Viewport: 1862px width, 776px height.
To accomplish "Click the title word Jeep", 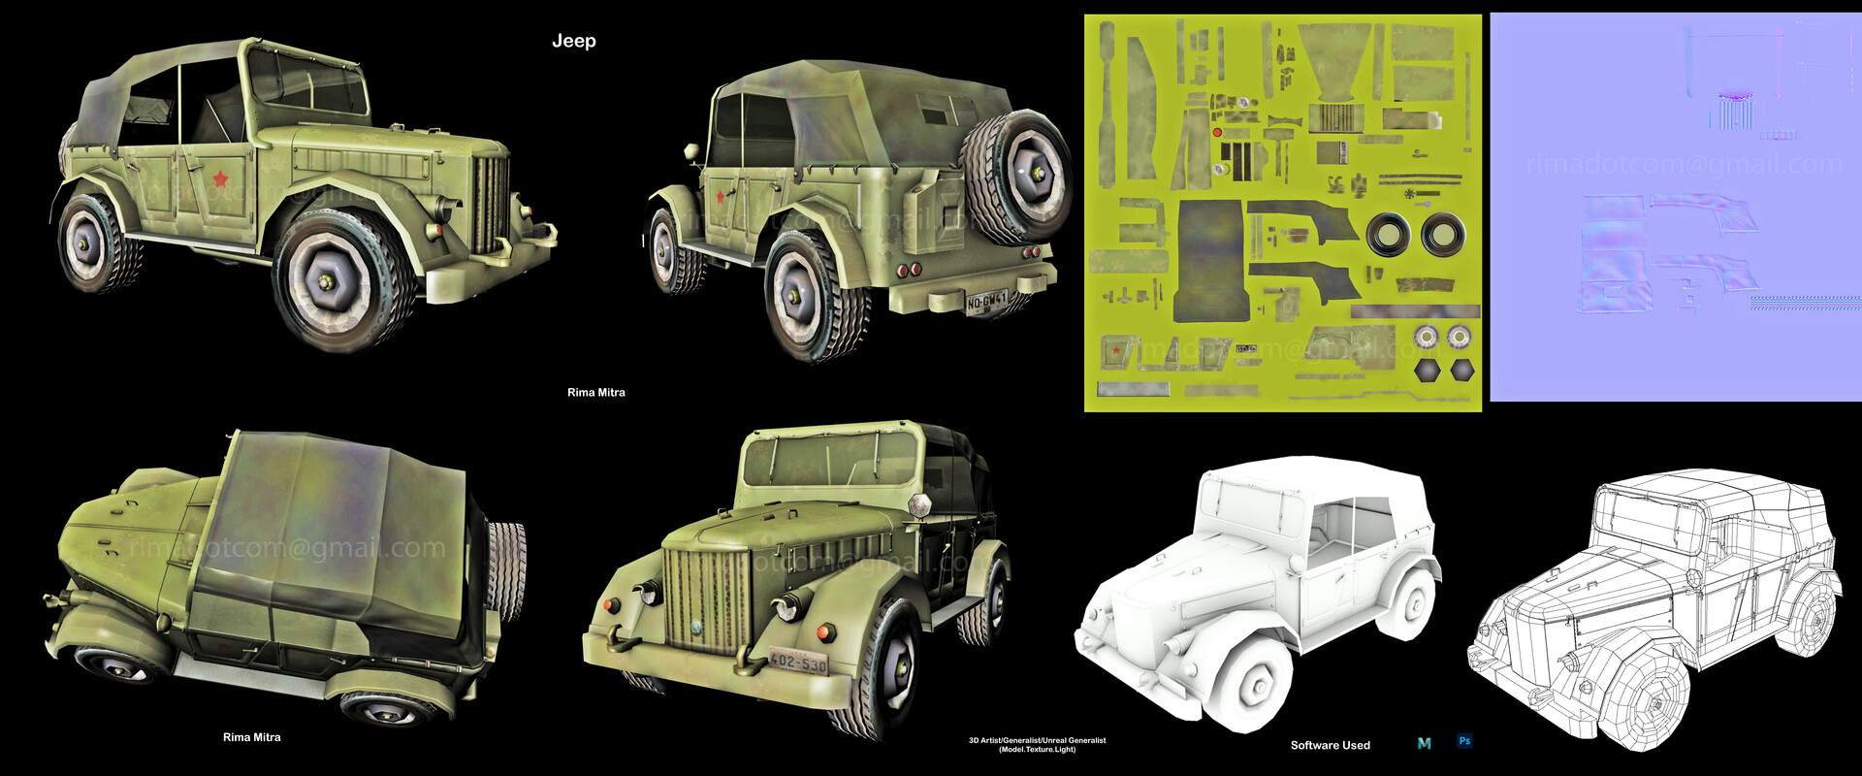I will pyautogui.click(x=573, y=41).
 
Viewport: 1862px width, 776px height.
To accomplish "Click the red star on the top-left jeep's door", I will pyautogui.click(x=220, y=178).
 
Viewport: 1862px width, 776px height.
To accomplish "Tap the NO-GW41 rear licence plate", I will pyautogui.click(x=986, y=302).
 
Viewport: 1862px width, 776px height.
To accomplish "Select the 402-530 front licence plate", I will pyautogui.click(x=798, y=662).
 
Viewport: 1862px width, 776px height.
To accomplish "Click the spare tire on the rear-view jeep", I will pyautogui.click(x=1015, y=177).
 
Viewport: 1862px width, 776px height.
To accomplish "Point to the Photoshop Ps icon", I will pyautogui.click(x=1464, y=741).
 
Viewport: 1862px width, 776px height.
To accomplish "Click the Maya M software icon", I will pyautogui.click(x=1424, y=743).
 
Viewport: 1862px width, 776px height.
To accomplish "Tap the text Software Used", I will pyautogui.click(x=1330, y=745).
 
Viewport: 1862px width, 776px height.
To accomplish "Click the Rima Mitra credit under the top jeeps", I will pyautogui.click(x=595, y=393).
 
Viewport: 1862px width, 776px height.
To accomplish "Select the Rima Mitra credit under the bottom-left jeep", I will pyautogui.click(x=251, y=737).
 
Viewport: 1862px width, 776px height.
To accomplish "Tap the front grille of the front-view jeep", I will pyautogui.click(x=707, y=598).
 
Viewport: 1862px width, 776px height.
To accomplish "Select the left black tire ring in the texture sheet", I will pyautogui.click(x=1388, y=234).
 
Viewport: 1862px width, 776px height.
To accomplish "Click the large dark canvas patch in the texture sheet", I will pyautogui.click(x=1209, y=260).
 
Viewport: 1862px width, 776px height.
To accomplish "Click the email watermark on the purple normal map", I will pyautogui.click(x=1684, y=164).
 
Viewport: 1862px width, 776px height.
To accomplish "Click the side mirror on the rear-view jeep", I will pyautogui.click(x=691, y=152).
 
